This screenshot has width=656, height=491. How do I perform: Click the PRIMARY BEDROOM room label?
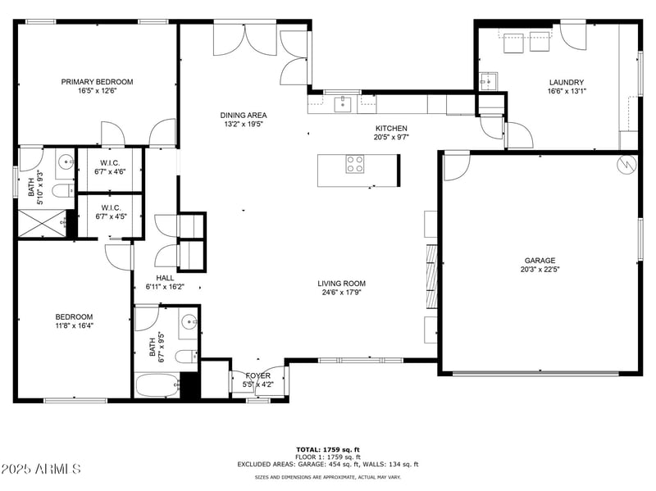click(x=97, y=82)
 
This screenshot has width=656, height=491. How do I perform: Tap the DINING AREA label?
click(x=244, y=115)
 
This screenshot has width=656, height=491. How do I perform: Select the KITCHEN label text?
click(x=391, y=129)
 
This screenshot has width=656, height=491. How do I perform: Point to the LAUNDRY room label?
click(x=567, y=83)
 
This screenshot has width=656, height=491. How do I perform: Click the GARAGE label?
click(x=540, y=261)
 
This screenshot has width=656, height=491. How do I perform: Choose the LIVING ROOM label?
click(x=341, y=284)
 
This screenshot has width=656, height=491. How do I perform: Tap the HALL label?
click(x=165, y=278)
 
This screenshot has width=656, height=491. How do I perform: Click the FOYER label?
click(x=257, y=375)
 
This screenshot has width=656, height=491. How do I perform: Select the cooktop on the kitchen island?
click(x=354, y=164)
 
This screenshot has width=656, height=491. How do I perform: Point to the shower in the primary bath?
click(x=42, y=223)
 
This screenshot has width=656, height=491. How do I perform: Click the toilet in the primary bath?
click(x=63, y=192)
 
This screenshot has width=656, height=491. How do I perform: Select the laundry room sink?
click(x=488, y=81)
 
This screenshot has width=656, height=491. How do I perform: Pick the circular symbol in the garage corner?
click(x=626, y=165)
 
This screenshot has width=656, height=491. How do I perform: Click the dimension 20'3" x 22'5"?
click(x=540, y=270)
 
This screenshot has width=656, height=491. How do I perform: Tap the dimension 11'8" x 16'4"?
click(x=74, y=325)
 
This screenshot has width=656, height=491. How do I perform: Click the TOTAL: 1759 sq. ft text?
click(x=328, y=450)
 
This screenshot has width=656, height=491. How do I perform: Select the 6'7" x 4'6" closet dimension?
click(x=110, y=171)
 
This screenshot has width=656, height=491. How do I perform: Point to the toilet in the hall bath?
click(x=186, y=357)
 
